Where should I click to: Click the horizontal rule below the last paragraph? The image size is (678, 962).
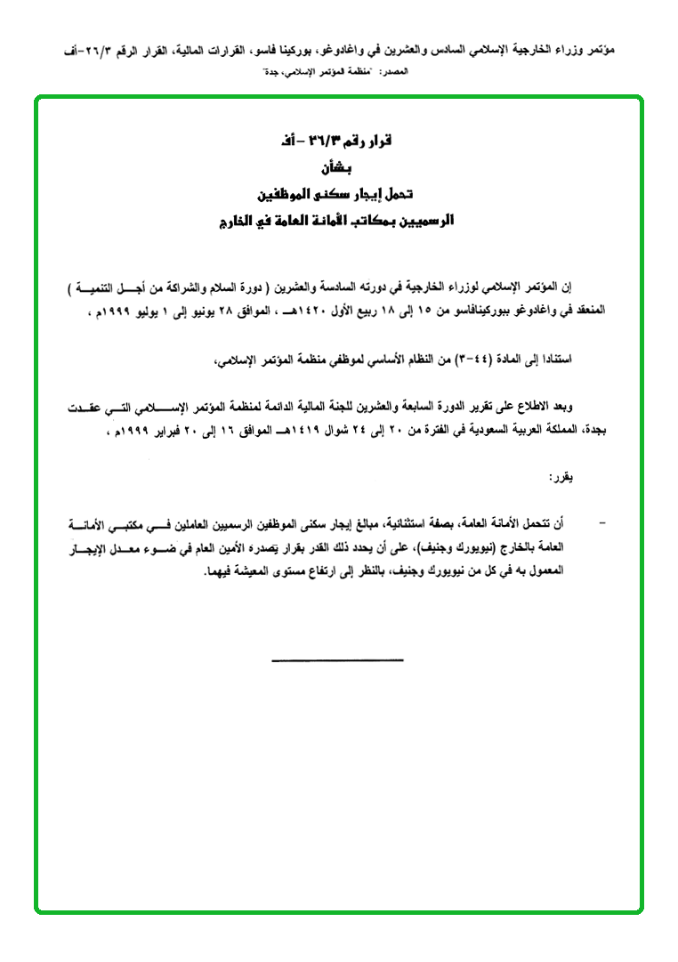pyautogui.click(x=337, y=659)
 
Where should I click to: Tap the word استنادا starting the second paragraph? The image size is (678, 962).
pyautogui.click(x=551, y=360)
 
